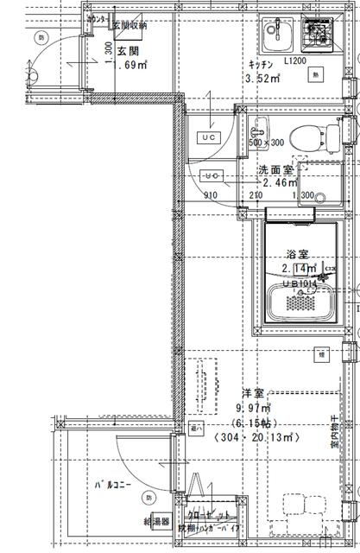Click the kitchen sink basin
pyautogui.click(x=278, y=35)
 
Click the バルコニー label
pyautogui.click(x=113, y=485)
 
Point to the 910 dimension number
pyautogui.click(x=211, y=195)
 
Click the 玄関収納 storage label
pyautogui.click(x=129, y=25)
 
